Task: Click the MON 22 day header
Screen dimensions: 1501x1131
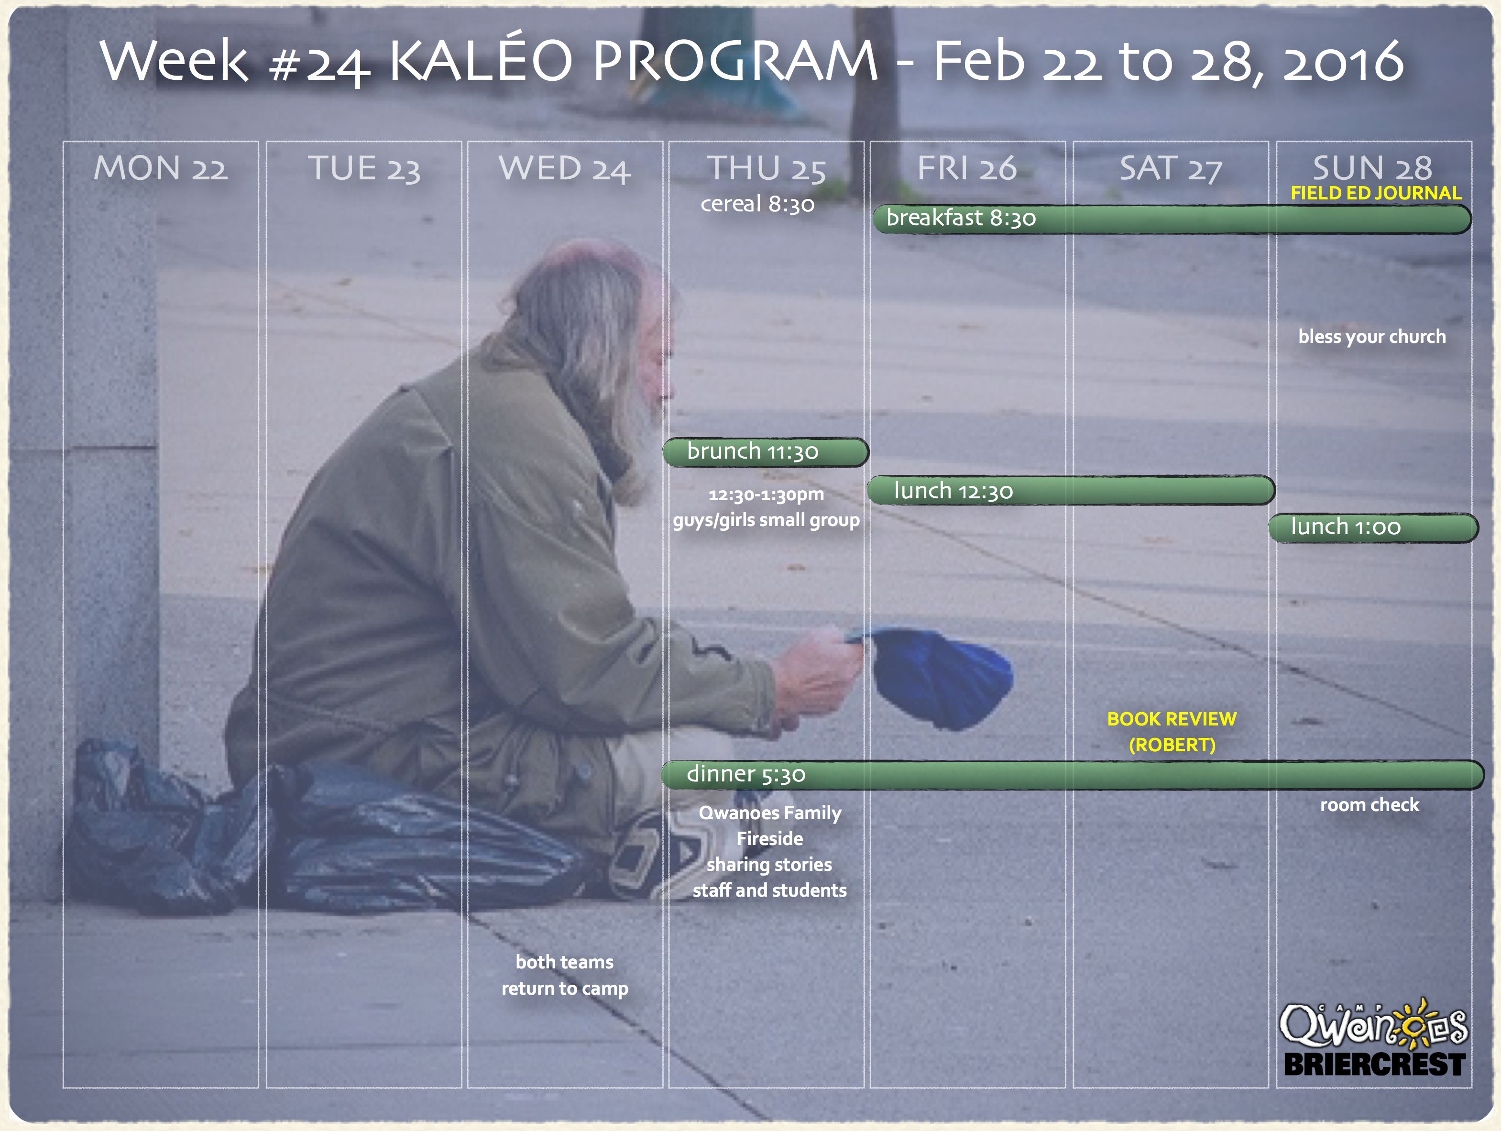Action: pos(161,168)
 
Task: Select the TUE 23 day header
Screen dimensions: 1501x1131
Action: pos(364,169)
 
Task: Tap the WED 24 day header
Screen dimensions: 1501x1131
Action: pos(565,169)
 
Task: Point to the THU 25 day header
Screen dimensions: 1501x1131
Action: pos(767,169)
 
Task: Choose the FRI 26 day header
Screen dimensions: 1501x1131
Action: pos(967,168)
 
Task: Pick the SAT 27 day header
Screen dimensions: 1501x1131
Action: pos(1171,169)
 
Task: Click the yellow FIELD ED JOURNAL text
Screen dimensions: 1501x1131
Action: pos(1375,193)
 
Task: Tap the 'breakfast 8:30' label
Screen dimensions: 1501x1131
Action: pos(961,218)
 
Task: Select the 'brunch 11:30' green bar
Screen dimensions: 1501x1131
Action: pos(766,452)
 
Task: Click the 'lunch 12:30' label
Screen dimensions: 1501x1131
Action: pos(953,491)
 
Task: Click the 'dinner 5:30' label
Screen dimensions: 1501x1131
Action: pos(746,774)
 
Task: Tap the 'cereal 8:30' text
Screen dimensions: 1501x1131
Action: pos(757,204)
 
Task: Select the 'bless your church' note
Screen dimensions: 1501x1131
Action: pos(1371,337)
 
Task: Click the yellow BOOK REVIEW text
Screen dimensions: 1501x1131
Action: pos(1172,719)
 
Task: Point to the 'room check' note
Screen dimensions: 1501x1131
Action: pos(1370,805)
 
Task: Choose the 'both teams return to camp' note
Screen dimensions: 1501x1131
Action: pos(565,975)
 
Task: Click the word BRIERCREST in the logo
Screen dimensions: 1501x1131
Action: pos(1375,1065)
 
